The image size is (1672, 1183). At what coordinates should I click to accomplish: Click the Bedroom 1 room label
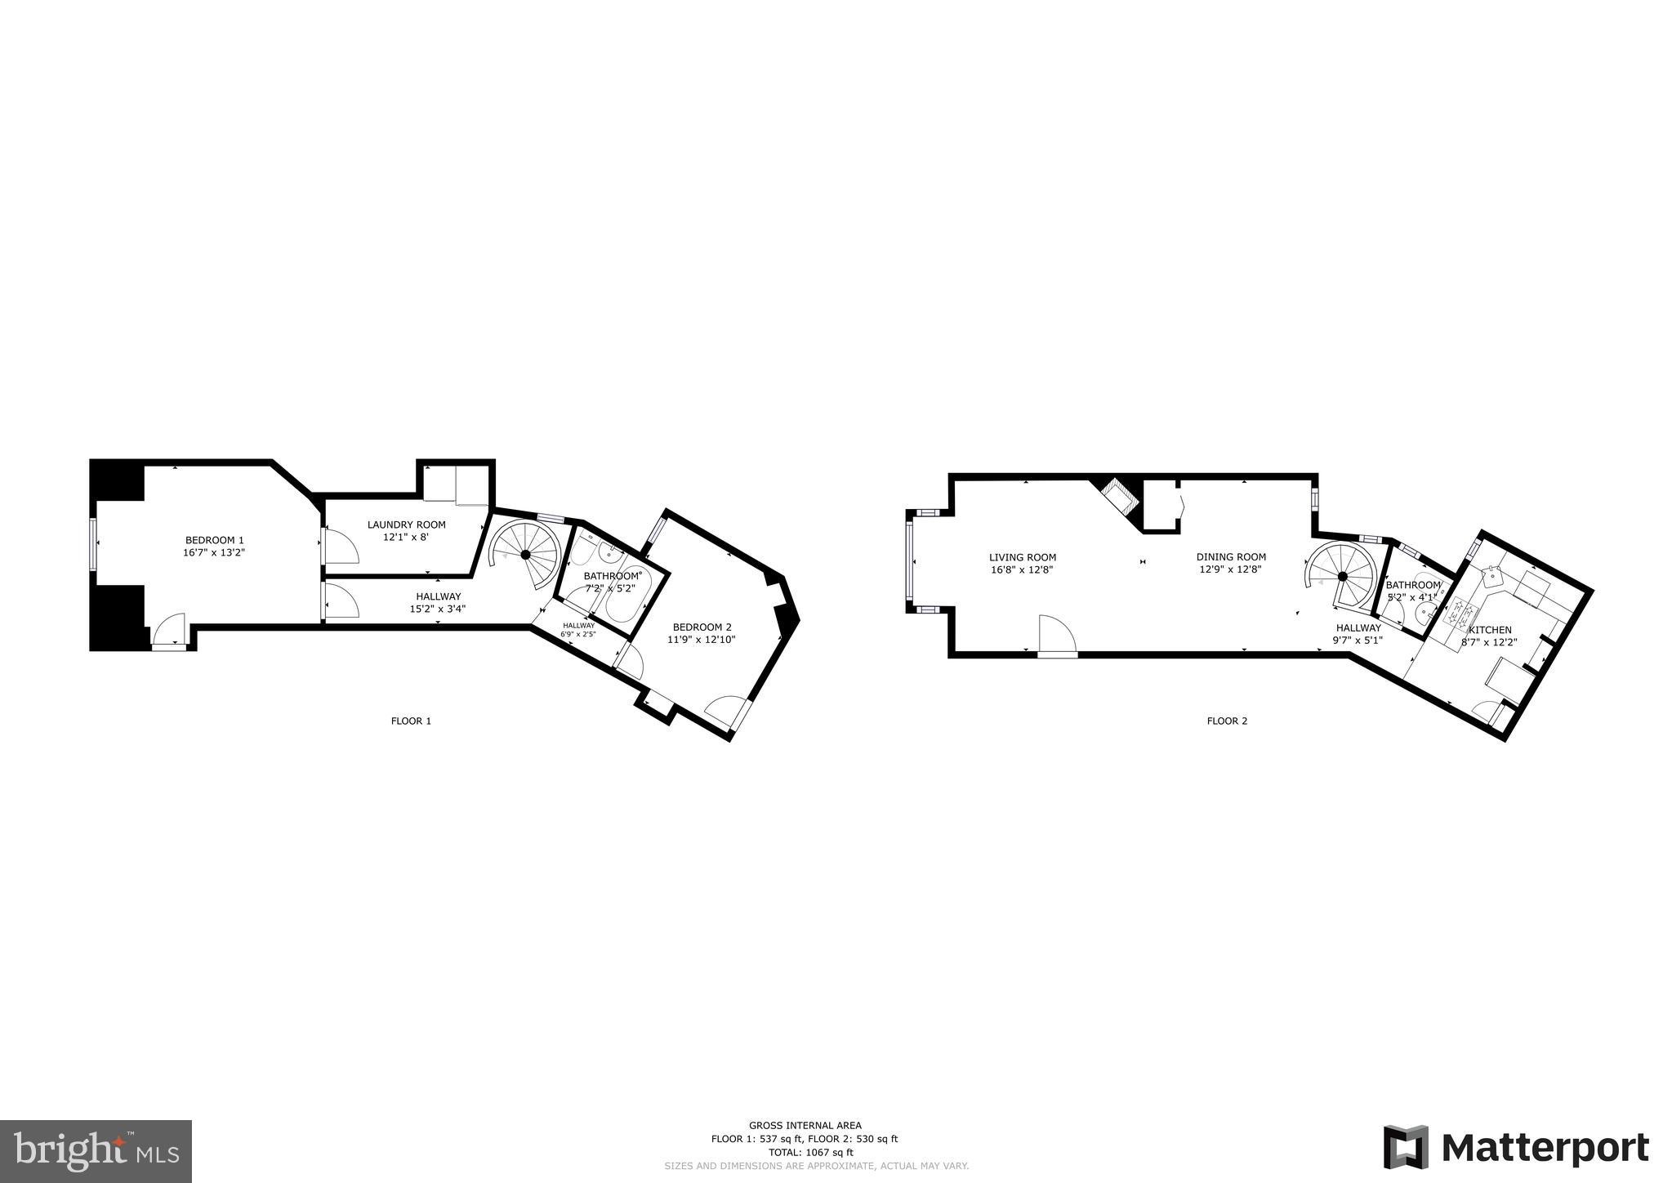tap(214, 540)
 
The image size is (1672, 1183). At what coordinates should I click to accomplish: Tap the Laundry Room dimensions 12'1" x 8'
tap(406, 538)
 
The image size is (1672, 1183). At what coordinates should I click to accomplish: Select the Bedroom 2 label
tap(702, 627)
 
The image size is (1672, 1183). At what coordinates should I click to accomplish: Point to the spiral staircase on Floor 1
tap(526, 554)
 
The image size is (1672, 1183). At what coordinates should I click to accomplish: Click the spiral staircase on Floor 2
tap(1342, 575)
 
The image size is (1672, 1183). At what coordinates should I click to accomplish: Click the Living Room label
tap(1022, 557)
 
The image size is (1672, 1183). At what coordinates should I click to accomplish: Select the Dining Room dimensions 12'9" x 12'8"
tap(1230, 569)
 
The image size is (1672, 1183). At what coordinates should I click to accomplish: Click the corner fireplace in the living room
tap(1117, 497)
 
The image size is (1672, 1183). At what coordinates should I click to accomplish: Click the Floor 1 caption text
tap(411, 721)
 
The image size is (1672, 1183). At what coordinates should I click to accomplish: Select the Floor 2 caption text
tap(1227, 721)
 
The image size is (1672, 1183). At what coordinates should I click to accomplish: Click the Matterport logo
tap(1515, 1147)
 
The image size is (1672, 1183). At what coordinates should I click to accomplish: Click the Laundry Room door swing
tap(339, 545)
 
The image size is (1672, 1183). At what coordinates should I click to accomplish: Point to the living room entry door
tap(1056, 635)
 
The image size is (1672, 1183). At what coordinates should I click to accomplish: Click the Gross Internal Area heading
tap(805, 1125)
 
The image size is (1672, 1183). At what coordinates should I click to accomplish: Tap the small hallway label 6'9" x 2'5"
tap(578, 629)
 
